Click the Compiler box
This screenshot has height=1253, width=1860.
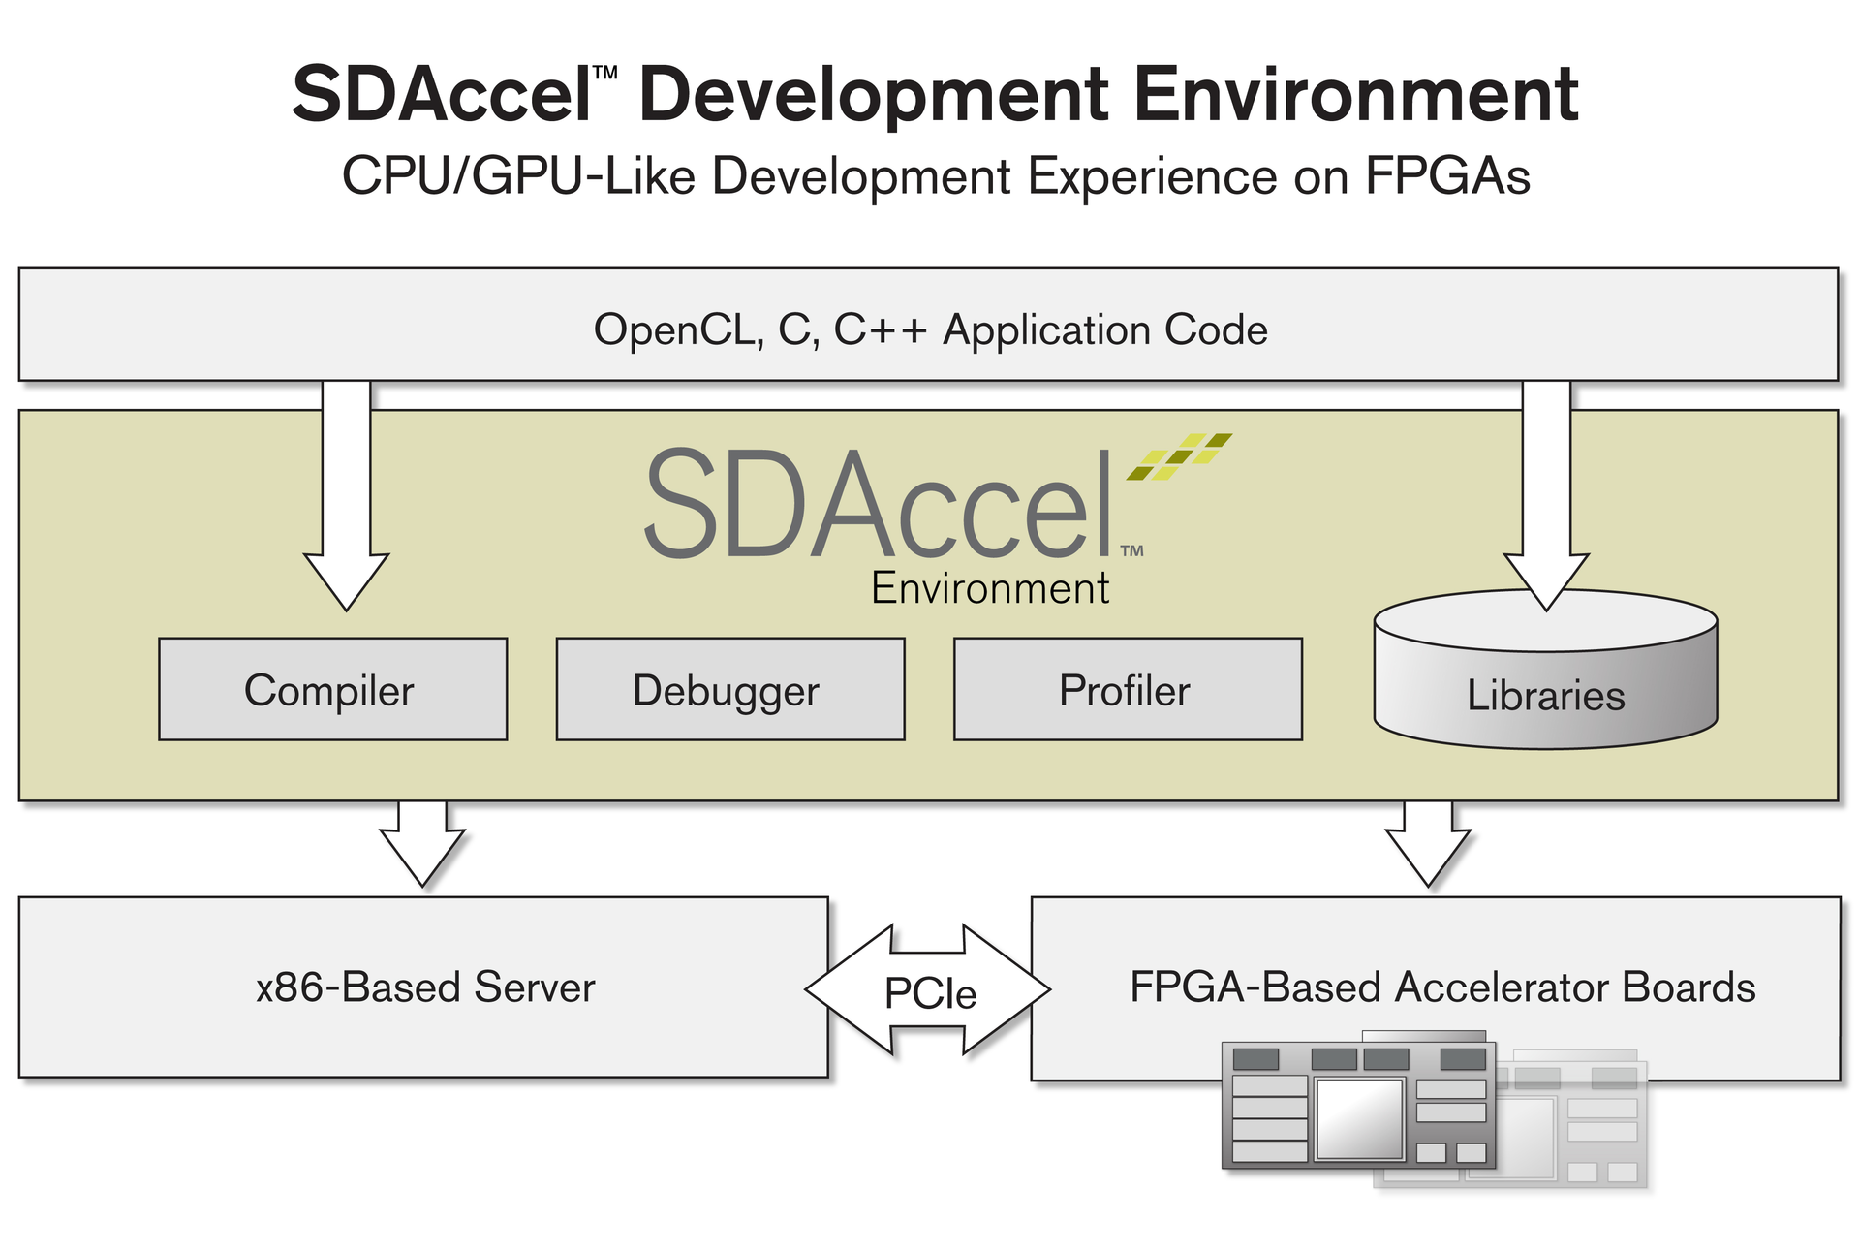click(x=332, y=690)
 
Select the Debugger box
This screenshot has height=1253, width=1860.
click(x=729, y=690)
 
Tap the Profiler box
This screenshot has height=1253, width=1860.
click(x=1127, y=690)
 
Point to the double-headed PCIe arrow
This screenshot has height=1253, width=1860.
click(x=927, y=990)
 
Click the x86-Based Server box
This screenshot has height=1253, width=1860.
click(x=423, y=987)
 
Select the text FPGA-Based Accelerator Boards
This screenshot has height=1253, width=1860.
click(x=1441, y=987)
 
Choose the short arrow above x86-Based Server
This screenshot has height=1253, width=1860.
click(x=422, y=841)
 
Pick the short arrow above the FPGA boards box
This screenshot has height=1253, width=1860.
click(x=1428, y=841)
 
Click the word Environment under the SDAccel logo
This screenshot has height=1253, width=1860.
click(x=989, y=588)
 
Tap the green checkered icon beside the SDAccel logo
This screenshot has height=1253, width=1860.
click(x=1179, y=456)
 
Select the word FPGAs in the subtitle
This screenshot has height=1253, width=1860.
click(x=1447, y=176)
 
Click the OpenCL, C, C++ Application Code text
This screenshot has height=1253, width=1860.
click(x=930, y=329)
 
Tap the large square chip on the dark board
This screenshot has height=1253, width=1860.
click(x=1358, y=1117)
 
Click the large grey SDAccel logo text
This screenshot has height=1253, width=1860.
click(x=877, y=504)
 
